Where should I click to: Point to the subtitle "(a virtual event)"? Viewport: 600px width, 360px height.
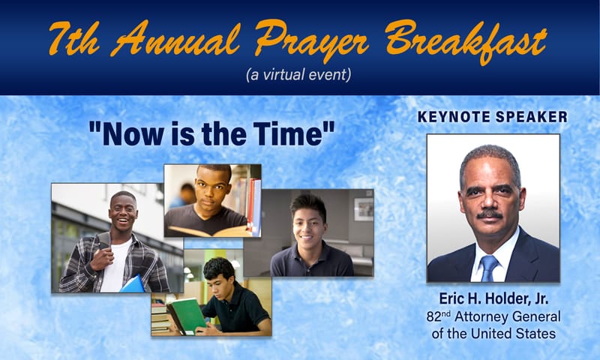click(x=298, y=75)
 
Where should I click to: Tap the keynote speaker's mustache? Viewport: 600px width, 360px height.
click(x=489, y=215)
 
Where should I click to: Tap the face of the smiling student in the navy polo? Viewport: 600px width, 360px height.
click(x=308, y=217)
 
